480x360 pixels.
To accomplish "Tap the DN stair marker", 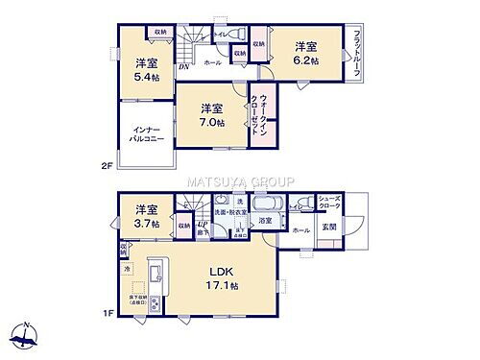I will pyautogui.click(x=182, y=66).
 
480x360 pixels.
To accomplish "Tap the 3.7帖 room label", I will pyautogui.click(x=145, y=216).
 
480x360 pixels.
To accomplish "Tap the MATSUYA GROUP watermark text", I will pyautogui.click(x=239, y=180).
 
